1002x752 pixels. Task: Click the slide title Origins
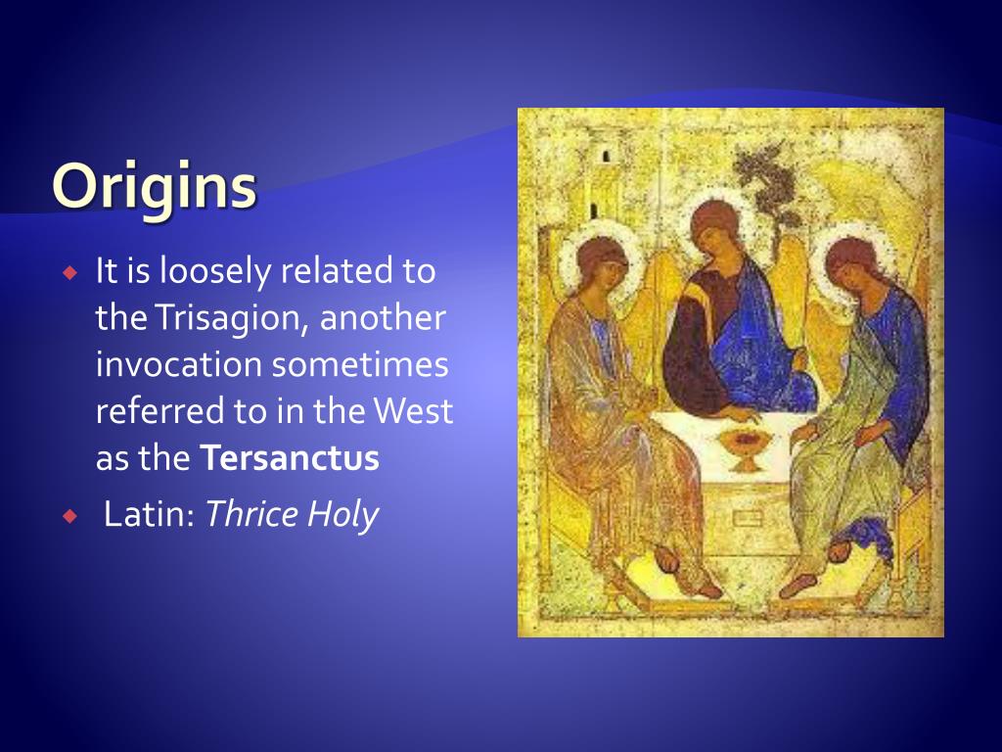click(155, 186)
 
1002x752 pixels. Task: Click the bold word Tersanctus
click(290, 457)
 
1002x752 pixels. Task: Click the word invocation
click(179, 364)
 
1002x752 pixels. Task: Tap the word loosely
click(215, 272)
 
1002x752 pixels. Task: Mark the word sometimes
click(360, 364)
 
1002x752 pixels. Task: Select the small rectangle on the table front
click(747, 517)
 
